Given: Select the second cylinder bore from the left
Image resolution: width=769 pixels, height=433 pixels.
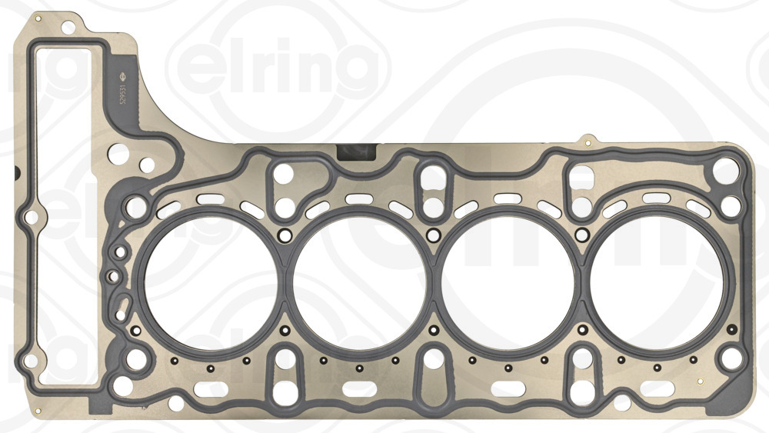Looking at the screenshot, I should [358, 276].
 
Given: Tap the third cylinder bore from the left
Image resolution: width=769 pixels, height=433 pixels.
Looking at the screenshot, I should [509, 276].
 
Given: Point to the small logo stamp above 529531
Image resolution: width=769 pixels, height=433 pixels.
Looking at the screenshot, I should [119, 75].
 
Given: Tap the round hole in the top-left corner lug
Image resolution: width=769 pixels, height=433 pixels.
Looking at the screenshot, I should [68, 28].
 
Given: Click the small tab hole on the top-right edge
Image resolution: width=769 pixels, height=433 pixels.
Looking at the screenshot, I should [588, 142].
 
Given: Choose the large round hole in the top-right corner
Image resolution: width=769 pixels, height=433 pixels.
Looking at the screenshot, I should [725, 168].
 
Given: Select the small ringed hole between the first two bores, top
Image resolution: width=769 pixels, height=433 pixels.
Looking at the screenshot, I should [284, 235].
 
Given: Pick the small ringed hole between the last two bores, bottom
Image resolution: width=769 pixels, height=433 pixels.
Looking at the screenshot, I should [583, 331].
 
